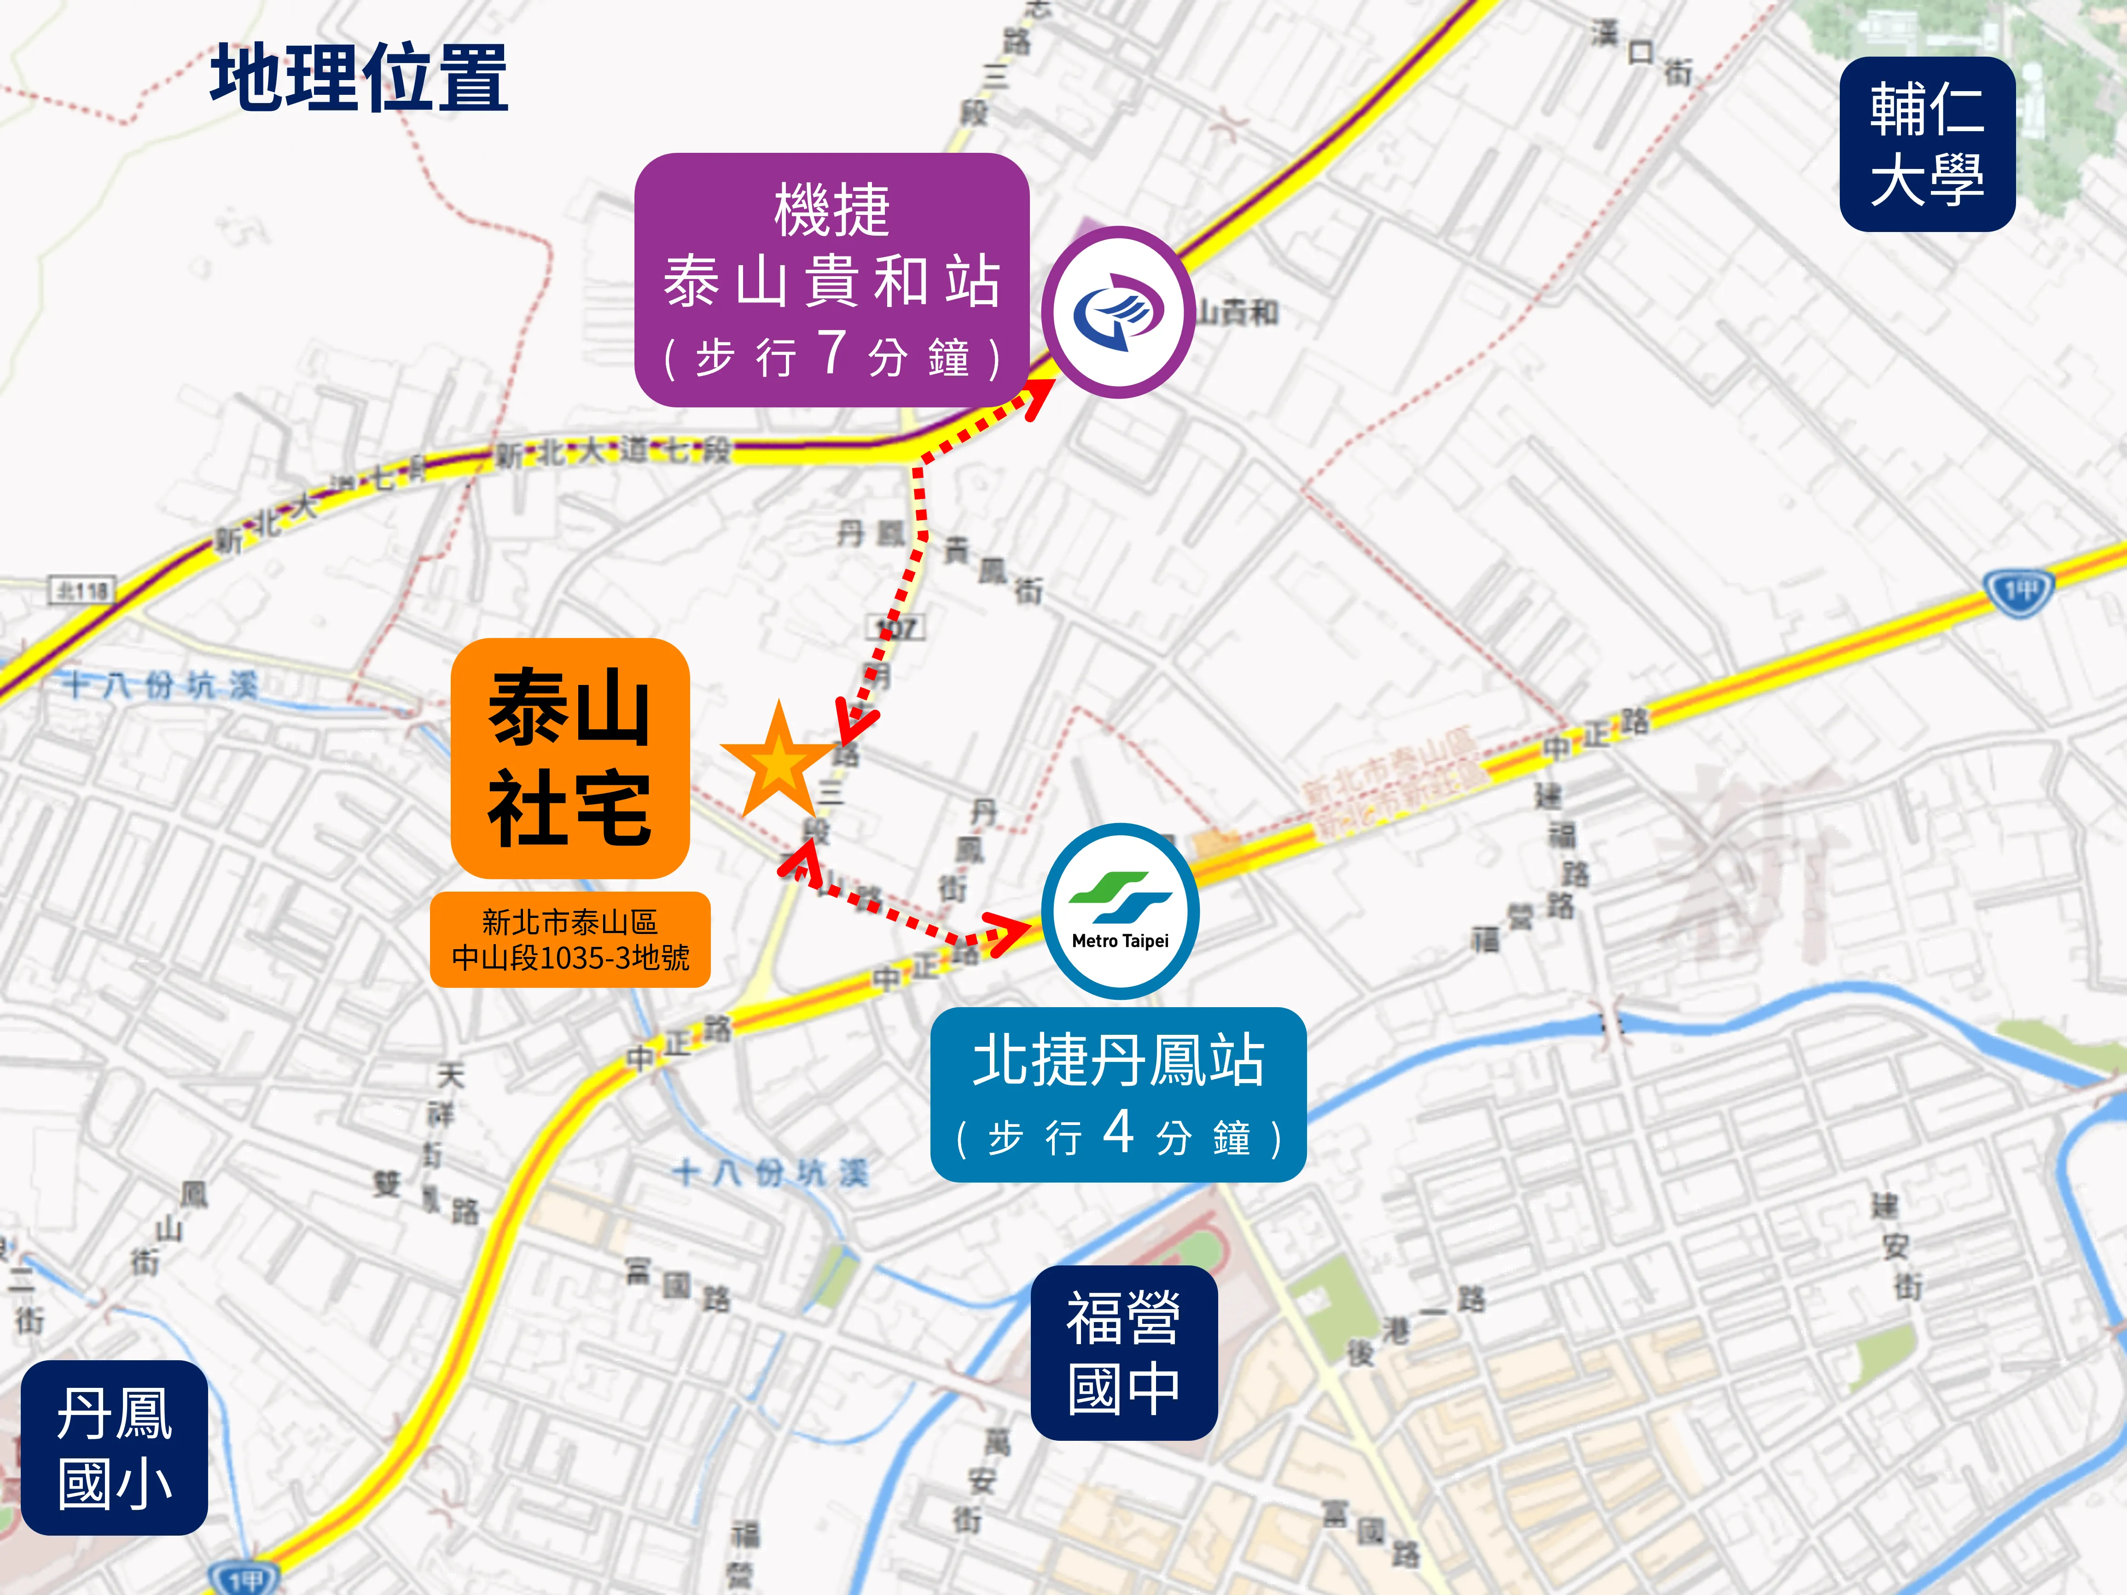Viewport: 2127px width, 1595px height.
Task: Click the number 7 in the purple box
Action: coord(832,352)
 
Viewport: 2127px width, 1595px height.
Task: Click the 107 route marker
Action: coord(896,628)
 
